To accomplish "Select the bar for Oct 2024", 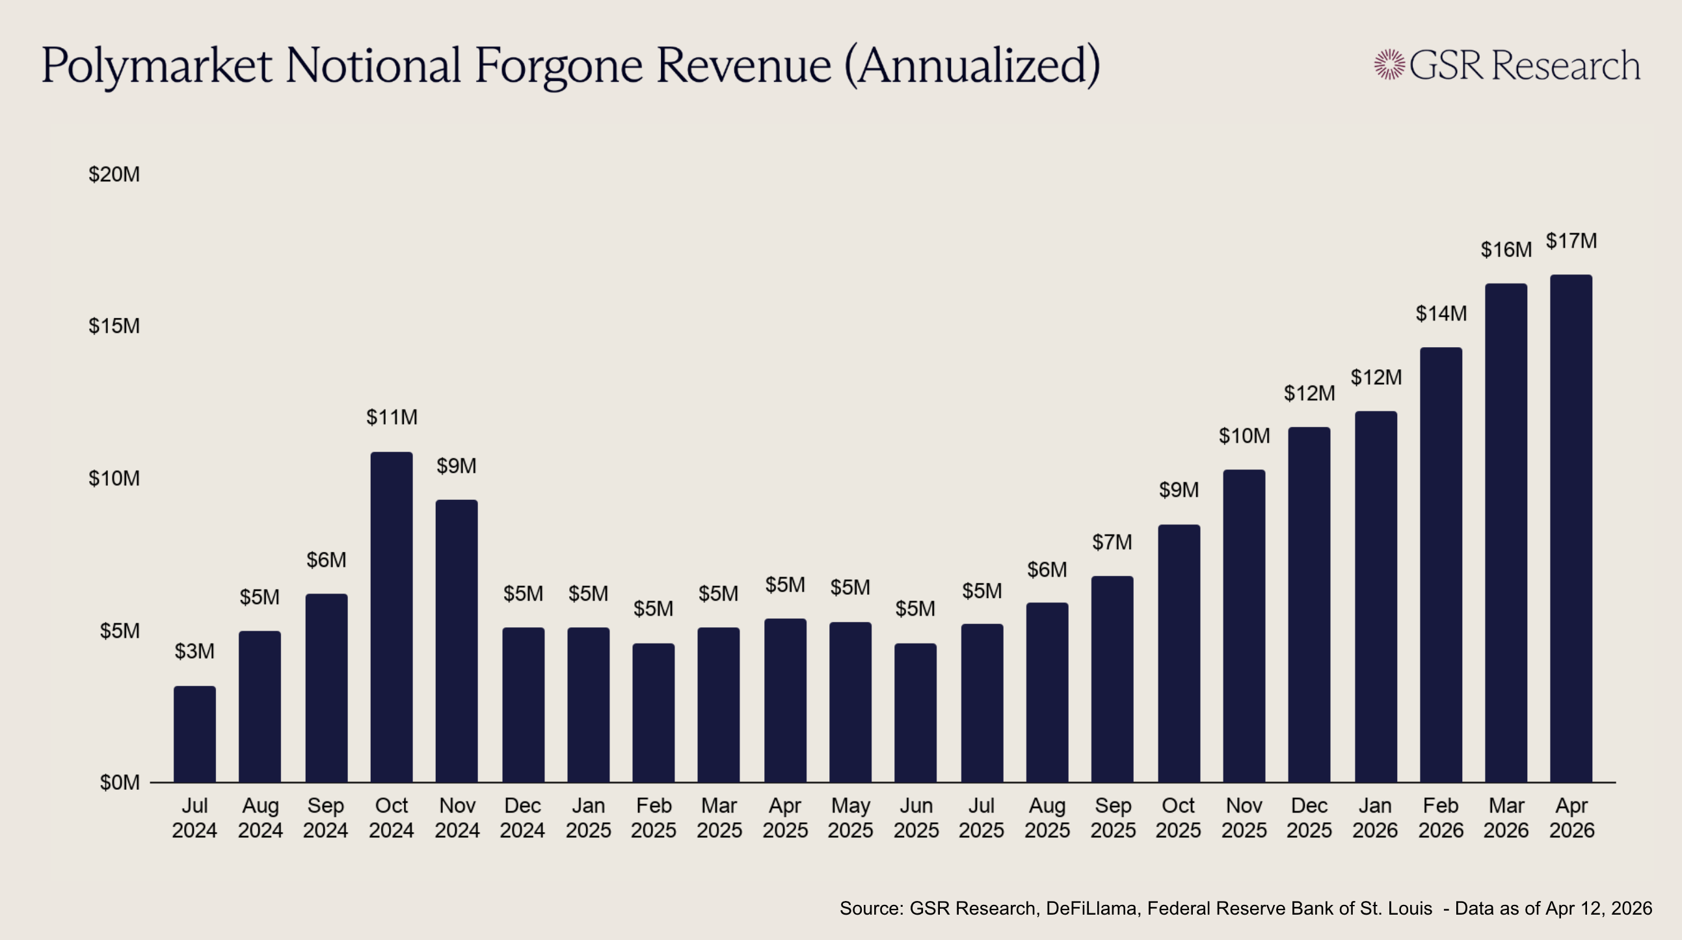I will pos(391,617).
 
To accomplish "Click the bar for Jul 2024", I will pos(194,734).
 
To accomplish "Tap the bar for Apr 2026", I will pos(1571,528).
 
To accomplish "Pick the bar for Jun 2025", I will pos(915,713).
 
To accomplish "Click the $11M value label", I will pos(392,417).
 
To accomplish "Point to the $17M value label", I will pos(1571,241).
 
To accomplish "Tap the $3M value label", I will pos(194,651).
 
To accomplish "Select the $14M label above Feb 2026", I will pos(1441,313).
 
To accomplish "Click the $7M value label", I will pos(1112,542).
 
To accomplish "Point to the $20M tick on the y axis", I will pos(114,174).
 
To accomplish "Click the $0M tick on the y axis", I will pos(120,782).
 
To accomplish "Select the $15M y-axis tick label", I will pos(114,326).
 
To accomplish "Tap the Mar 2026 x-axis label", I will pos(1506,818).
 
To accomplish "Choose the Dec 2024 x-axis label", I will pos(522,818).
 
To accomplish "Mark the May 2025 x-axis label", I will pos(850,818).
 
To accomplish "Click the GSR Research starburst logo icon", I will pos(1389,64).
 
